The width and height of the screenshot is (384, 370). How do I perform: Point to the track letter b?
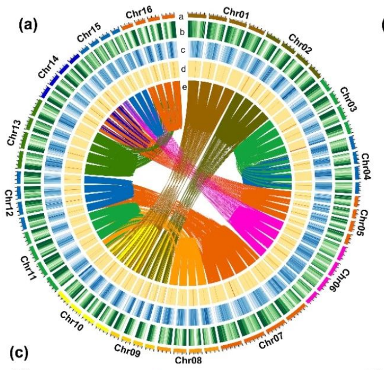coord(180,33)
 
